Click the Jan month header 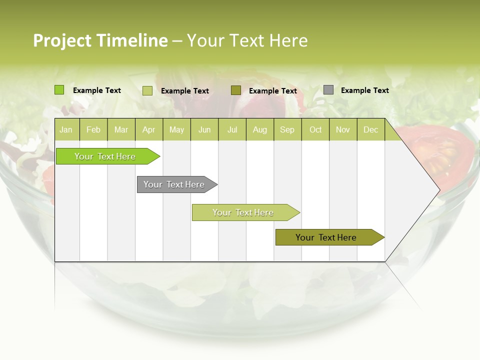point(66,130)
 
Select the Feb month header point(93,130)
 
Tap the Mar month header point(121,130)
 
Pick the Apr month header point(149,130)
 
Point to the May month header point(176,130)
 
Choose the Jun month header point(204,130)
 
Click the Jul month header point(232,130)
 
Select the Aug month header point(260,130)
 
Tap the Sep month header point(287,130)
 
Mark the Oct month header point(315,130)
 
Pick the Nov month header point(343,130)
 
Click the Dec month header point(371,130)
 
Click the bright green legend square point(59,90)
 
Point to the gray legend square point(328,90)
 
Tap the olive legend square point(236,90)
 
